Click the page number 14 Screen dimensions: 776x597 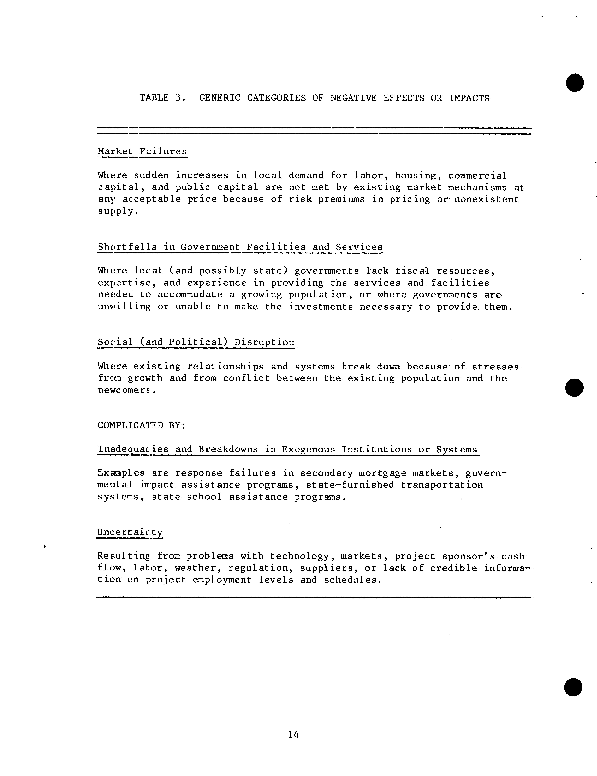(x=294, y=734)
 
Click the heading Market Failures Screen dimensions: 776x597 (x=142, y=151)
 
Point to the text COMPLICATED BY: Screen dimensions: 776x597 (x=141, y=425)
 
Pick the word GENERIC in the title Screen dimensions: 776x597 (x=220, y=98)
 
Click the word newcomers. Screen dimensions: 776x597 (x=127, y=390)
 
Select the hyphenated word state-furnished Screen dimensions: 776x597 (x=350, y=485)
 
